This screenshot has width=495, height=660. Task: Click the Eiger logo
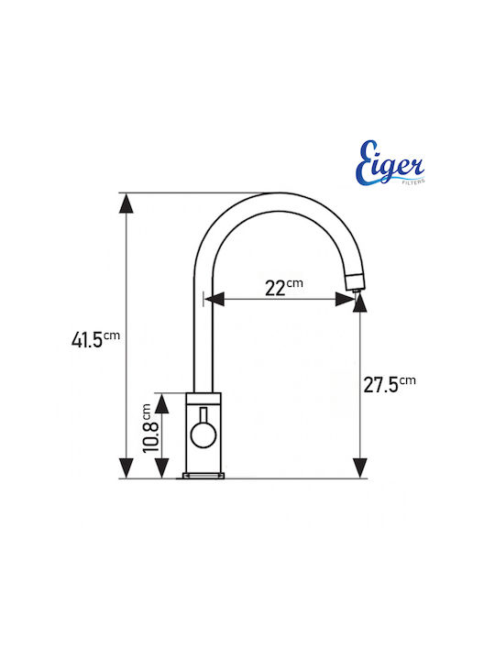390,163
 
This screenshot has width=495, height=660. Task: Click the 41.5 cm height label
95,339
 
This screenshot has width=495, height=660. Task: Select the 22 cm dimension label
283,287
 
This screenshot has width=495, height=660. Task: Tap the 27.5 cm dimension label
390,384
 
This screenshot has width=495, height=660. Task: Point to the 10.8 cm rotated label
150,428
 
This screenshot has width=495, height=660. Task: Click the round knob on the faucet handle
203,435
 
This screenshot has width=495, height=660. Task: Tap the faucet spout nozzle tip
357,290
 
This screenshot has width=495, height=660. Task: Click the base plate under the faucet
203,476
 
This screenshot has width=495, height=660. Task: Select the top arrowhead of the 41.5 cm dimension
126,203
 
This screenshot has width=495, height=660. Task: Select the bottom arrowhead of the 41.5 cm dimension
126,468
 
